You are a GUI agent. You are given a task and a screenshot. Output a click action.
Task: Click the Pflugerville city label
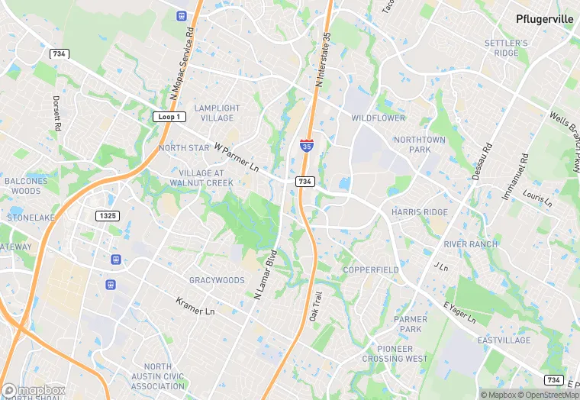544,19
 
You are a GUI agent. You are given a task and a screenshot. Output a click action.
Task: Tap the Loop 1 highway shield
169,117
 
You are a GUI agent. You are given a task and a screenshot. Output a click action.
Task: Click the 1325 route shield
108,216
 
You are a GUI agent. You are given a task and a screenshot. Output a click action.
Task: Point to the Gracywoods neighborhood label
217,280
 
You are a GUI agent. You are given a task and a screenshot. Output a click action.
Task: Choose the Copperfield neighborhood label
370,270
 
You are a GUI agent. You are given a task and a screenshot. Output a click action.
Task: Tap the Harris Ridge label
420,211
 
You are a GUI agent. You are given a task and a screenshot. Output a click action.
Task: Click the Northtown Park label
418,144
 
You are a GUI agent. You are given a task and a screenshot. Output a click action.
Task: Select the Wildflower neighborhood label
379,118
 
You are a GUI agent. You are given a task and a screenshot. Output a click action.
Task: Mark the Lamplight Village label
217,113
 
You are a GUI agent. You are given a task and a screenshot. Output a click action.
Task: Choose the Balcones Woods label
26,185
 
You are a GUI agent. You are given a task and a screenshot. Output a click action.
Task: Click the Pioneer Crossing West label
395,353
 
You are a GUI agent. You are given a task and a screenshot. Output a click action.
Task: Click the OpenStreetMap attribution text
550,394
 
